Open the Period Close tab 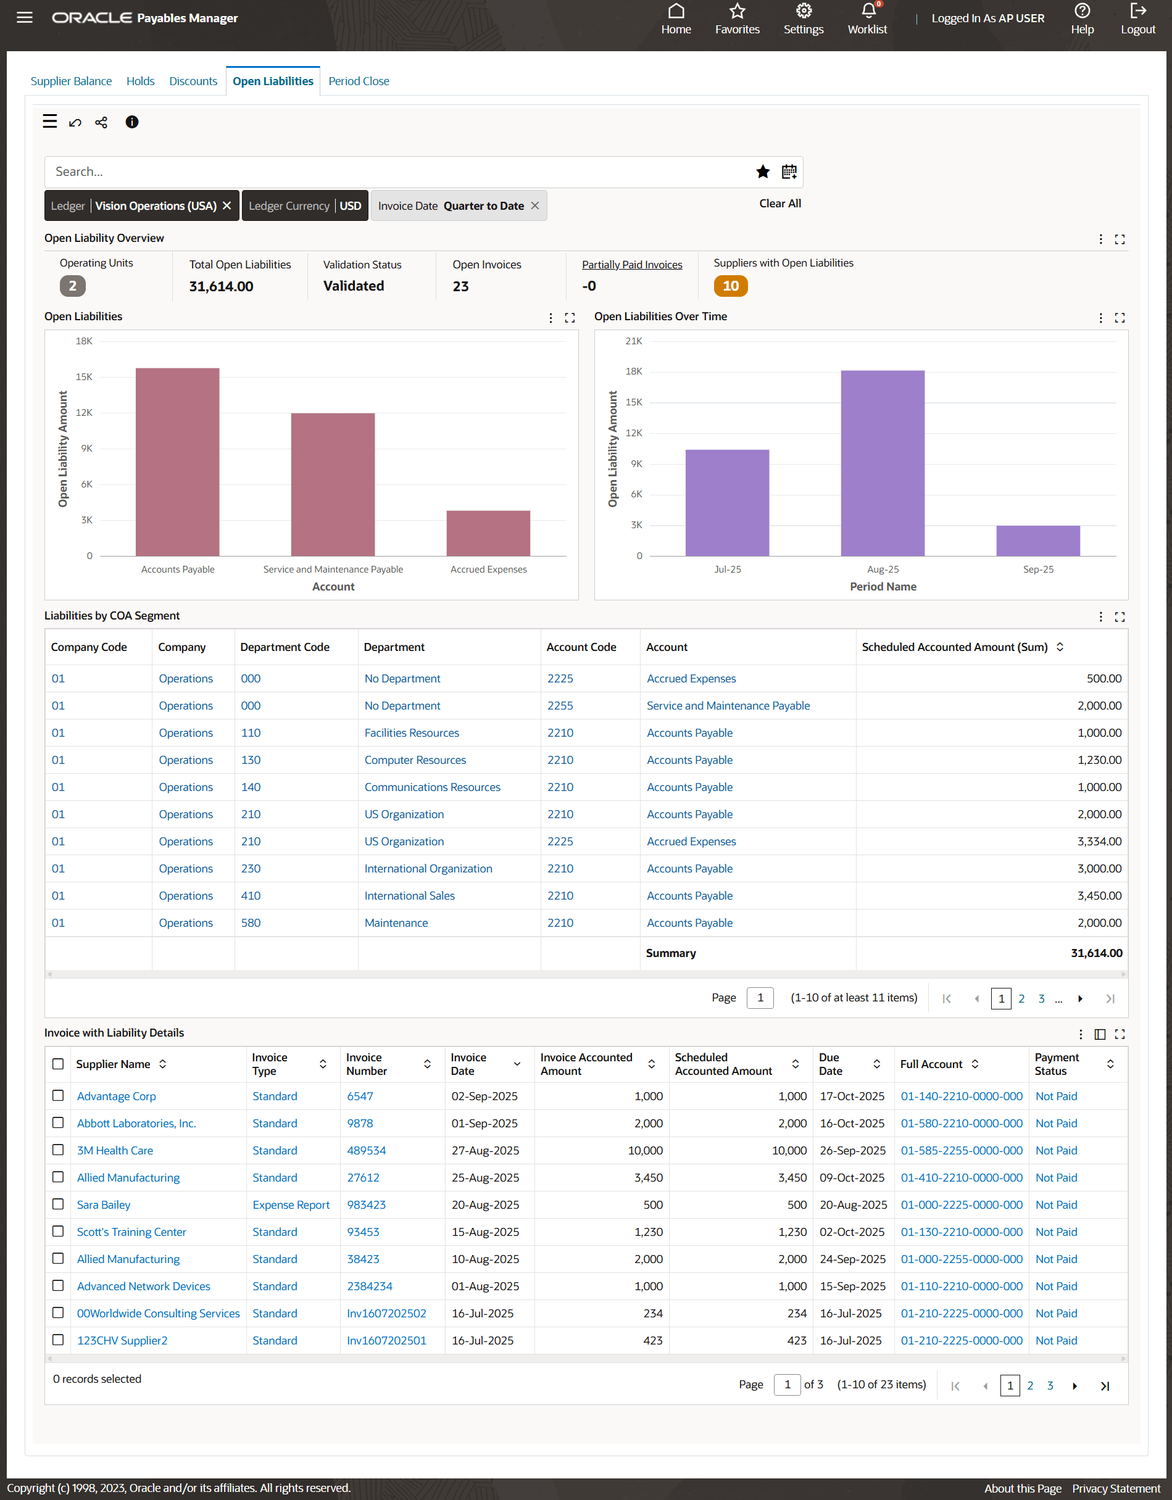click(x=359, y=81)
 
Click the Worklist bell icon click(x=868, y=12)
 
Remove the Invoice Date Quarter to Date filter click(x=535, y=206)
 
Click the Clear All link click(x=779, y=203)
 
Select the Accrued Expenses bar click(x=488, y=533)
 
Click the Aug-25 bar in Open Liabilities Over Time click(x=882, y=463)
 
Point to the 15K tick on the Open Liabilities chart click(x=84, y=377)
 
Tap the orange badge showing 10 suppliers click(x=730, y=286)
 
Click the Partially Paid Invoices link click(x=631, y=265)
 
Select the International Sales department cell click(x=409, y=895)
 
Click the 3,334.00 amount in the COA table click(x=1099, y=842)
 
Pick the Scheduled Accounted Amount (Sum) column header click(x=954, y=647)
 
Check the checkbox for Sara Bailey click(x=59, y=1204)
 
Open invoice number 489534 click(x=366, y=1150)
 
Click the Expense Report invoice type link click(x=291, y=1204)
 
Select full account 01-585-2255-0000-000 click(x=961, y=1150)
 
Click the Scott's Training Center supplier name click(x=131, y=1232)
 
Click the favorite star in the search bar click(x=763, y=172)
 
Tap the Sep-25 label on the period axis click(x=1037, y=570)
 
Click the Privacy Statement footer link click(x=1116, y=1488)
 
